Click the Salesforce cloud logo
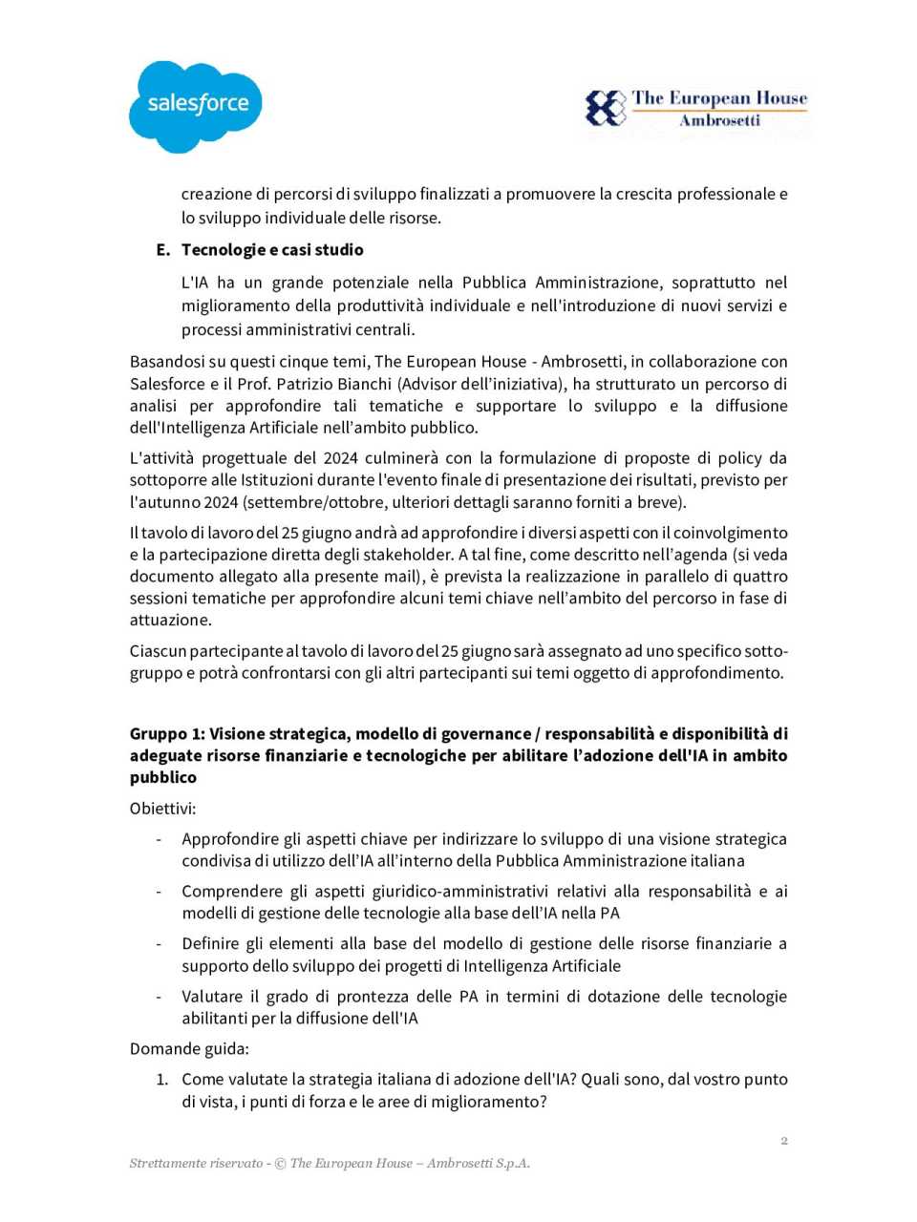(196, 106)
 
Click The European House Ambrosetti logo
(696, 108)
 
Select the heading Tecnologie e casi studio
(272, 250)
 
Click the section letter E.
(161, 250)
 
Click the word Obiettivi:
(162, 809)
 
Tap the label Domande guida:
(189, 1049)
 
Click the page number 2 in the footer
(784, 1140)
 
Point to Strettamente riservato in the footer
(196, 1163)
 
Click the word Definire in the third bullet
(210, 944)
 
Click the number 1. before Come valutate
(162, 1080)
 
